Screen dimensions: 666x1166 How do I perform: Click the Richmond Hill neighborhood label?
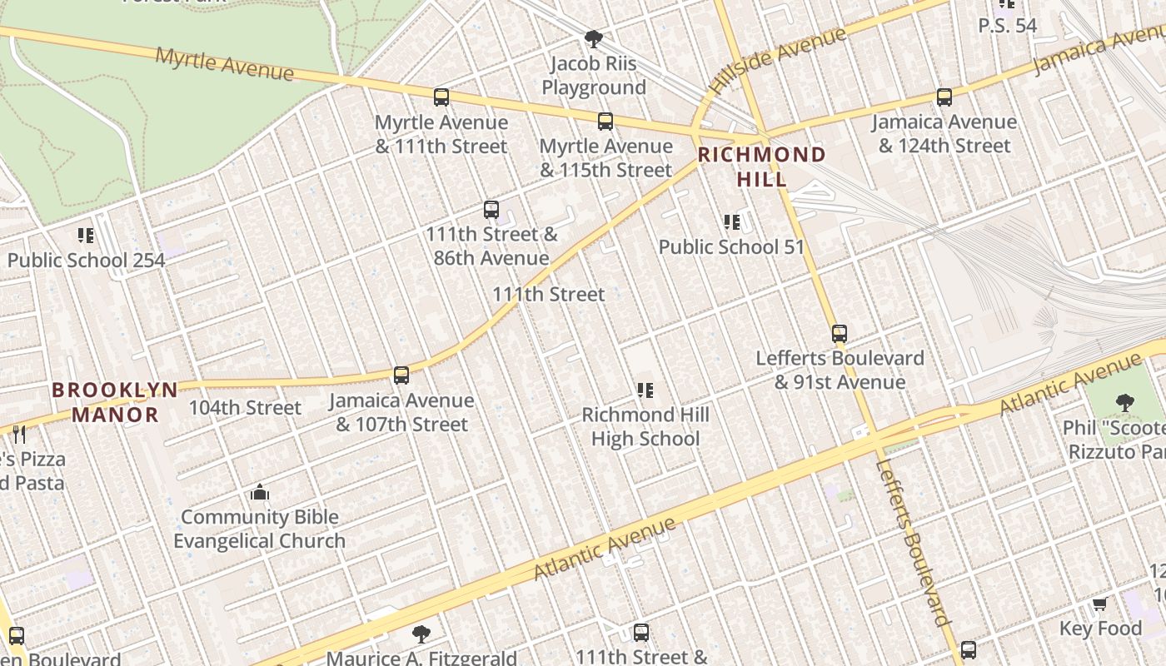761,166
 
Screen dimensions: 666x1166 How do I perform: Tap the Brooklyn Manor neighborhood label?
115,402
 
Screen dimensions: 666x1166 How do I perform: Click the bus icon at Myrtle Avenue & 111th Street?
441,97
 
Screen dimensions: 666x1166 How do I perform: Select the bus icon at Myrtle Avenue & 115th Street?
605,122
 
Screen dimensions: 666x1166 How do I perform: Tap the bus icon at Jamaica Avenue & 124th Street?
944,97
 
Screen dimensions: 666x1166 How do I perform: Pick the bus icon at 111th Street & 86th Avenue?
491,210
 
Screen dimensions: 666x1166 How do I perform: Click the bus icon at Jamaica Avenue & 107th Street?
401,375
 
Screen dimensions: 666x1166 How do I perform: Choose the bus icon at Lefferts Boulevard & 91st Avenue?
840,334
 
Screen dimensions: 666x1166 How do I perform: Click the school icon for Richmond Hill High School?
645,390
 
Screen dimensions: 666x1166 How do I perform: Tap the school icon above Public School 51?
731,222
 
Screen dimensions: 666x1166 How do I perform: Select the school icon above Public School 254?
86,236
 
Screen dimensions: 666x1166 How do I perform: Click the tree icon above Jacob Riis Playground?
593,38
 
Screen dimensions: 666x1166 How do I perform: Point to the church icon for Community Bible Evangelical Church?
260,492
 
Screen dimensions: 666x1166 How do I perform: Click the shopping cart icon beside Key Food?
1099,604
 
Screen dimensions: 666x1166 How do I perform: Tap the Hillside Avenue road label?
778,59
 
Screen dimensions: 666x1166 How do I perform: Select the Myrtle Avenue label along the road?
225,64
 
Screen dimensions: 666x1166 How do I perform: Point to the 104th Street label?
245,408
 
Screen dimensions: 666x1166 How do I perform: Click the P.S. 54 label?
1007,26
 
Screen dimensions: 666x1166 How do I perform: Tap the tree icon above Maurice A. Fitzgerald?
421,634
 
